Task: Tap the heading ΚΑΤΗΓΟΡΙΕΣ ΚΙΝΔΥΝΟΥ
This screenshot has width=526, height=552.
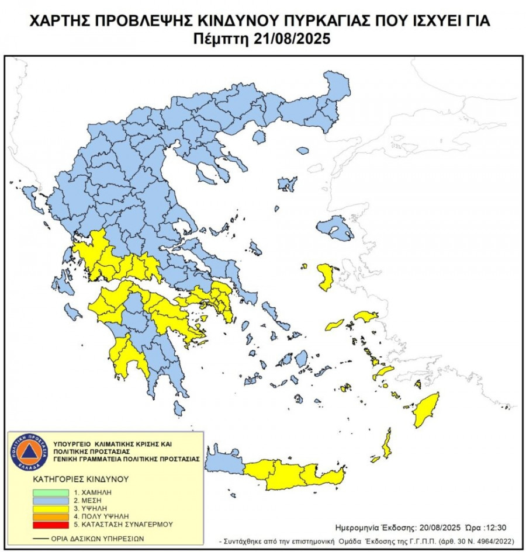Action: [81, 479]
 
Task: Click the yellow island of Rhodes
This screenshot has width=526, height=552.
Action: [426, 409]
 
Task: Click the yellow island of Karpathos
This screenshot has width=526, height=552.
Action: [386, 443]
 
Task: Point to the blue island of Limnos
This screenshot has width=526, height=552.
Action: [287, 185]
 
